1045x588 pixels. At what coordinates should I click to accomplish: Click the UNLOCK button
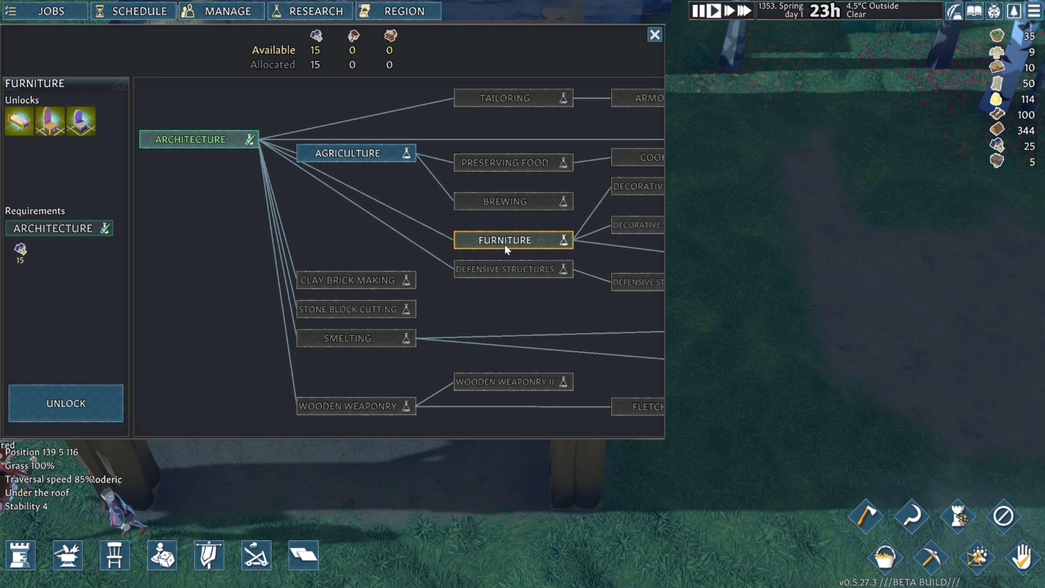tap(66, 403)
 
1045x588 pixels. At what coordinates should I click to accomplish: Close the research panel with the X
tap(654, 35)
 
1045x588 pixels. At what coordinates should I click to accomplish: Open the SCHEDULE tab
tap(133, 11)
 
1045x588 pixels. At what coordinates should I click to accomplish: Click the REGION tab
tap(398, 11)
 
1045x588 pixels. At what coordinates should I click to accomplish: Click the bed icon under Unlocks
tap(19, 121)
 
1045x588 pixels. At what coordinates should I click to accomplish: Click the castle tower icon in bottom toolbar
tap(20, 555)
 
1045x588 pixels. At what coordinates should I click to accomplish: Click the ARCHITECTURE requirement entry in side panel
tap(59, 228)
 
